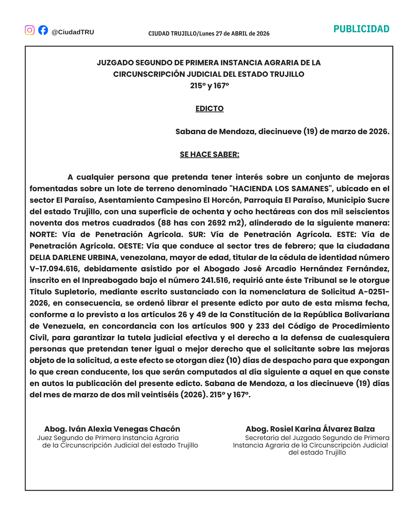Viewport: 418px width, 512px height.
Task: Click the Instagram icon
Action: (x=30, y=30)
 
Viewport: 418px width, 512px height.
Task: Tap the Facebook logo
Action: (x=43, y=30)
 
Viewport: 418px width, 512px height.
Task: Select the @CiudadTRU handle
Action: (x=73, y=32)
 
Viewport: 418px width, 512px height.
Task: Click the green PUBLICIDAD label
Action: (x=361, y=29)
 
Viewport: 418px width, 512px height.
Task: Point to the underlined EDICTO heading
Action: (x=209, y=109)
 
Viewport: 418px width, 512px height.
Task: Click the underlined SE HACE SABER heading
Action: (x=209, y=154)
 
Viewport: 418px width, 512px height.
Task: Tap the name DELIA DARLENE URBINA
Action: (x=73, y=257)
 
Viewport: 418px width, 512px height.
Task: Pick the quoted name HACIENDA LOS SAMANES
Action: (x=280, y=189)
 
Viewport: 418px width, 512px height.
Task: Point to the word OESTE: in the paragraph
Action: (x=130, y=246)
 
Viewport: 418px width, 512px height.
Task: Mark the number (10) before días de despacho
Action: (x=233, y=360)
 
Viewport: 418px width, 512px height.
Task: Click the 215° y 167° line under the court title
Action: (x=209, y=86)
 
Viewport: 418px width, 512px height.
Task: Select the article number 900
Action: (x=237, y=326)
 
